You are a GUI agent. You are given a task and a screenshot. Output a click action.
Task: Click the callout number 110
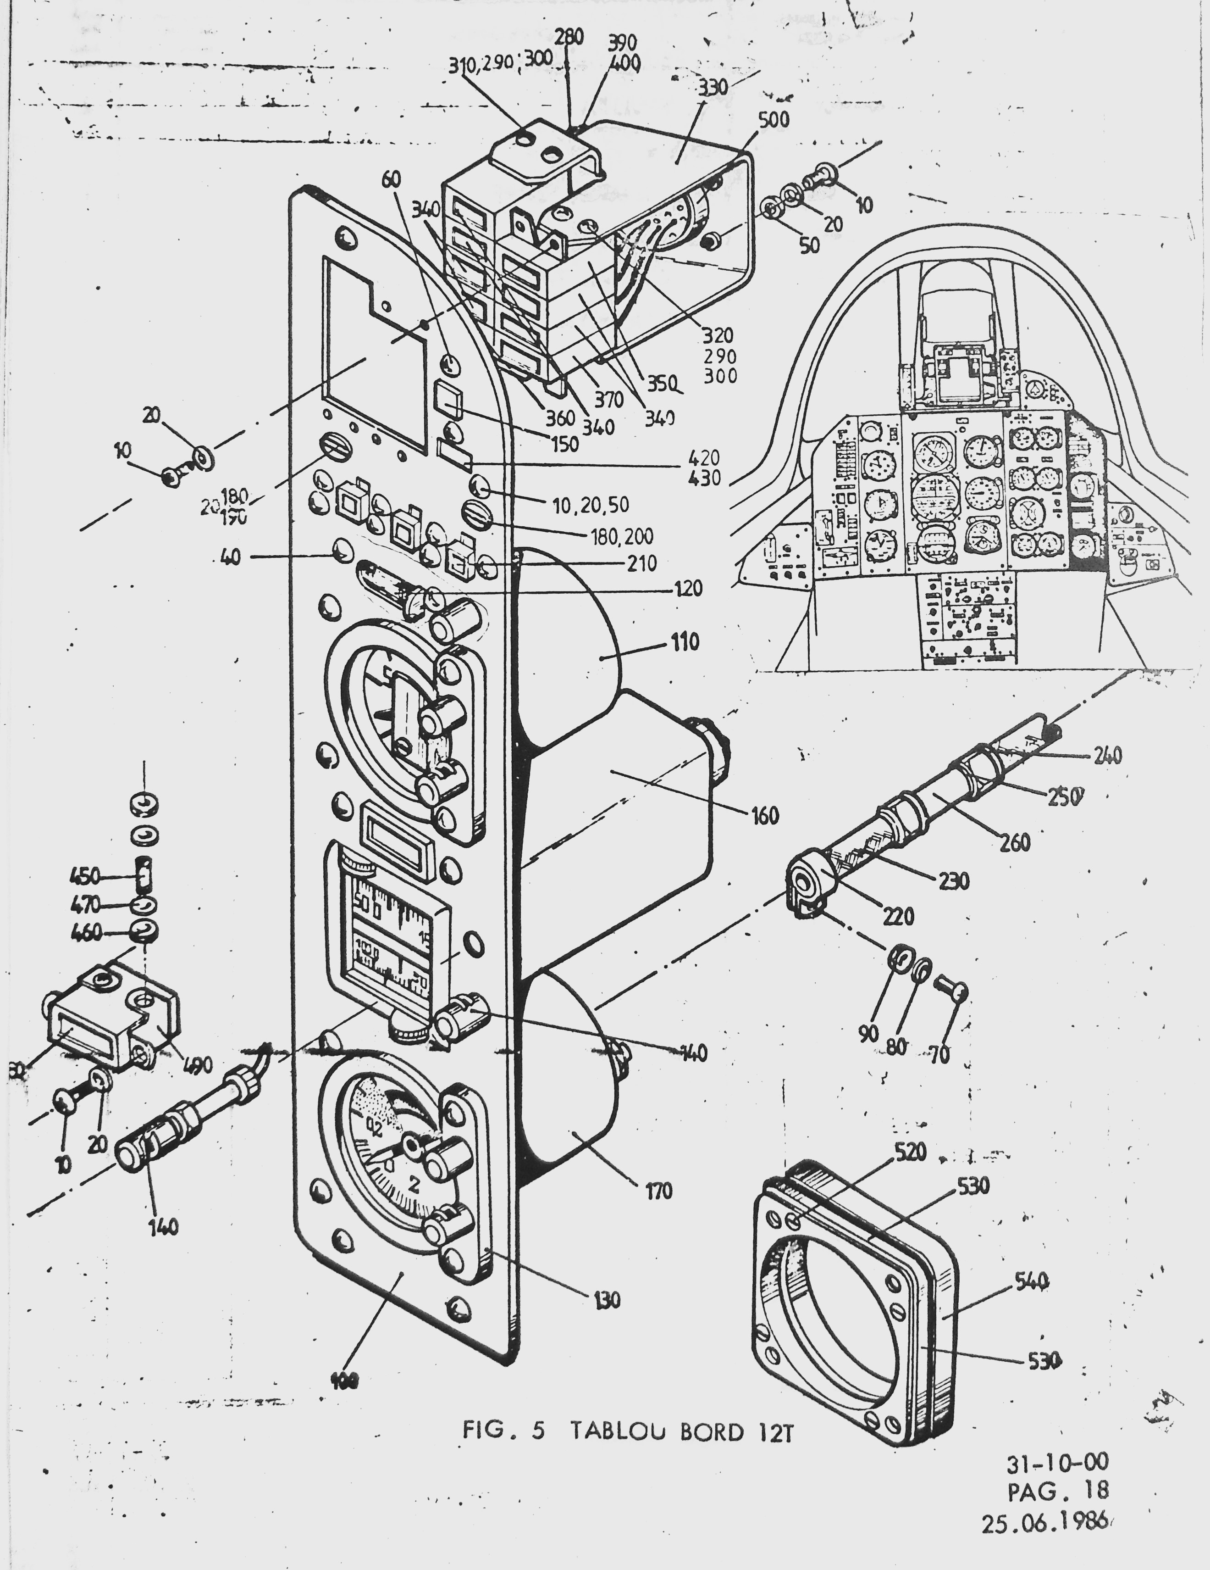click(685, 641)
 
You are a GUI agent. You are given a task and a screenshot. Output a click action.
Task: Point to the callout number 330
click(713, 88)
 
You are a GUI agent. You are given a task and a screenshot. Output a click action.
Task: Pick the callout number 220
click(897, 916)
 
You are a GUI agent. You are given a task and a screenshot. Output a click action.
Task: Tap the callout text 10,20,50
click(591, 505)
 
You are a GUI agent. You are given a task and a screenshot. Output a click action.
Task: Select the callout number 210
click(641, 563)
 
